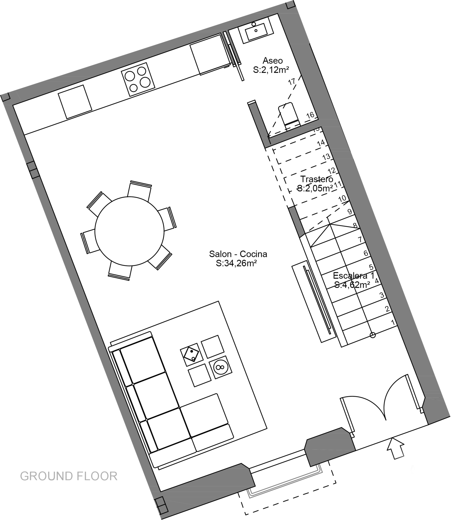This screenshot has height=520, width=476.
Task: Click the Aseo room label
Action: tap(273, 61)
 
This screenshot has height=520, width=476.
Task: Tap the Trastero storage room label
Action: tap(317, 179)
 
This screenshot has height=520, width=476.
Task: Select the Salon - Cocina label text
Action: tap(238, 254)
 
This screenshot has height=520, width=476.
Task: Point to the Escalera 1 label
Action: tap(353, 276)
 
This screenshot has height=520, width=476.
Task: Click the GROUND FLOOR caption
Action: tap(69, 476)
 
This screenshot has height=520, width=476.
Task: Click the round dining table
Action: tap(129, 231)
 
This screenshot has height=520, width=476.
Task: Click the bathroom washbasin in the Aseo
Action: tap(256, 30)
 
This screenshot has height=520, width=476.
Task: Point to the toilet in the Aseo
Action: tap(290, 114)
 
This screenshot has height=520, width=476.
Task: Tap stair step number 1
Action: tap(393, 322)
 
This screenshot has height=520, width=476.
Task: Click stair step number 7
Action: tap(360, 239)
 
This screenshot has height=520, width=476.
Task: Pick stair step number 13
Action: tap(327, 157)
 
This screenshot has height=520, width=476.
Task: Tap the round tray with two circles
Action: tap(220, 367)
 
